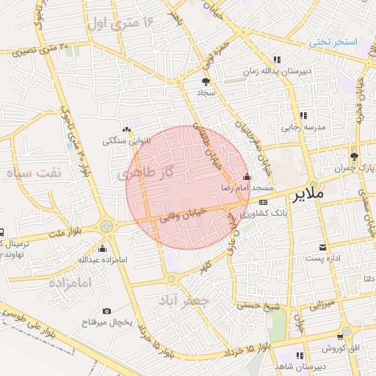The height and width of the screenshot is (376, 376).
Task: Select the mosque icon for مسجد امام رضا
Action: (247, 178)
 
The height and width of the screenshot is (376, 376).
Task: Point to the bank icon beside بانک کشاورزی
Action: (263, 203)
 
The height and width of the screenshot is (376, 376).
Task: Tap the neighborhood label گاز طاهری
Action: (148, 173)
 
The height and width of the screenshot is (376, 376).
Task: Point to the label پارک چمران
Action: (360, 168)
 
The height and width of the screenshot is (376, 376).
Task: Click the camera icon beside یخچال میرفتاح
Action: (108, 311)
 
